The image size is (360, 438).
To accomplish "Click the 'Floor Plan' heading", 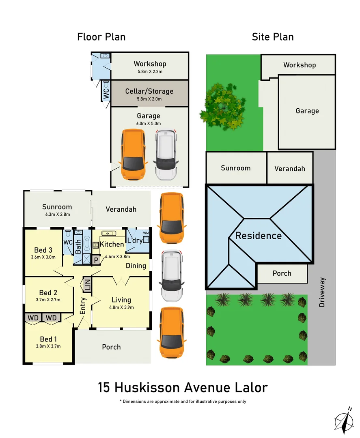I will [x=101, y=37].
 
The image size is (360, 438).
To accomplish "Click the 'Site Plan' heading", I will [x=273, y=37].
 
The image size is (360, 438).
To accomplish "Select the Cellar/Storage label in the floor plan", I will [x=149, y=91].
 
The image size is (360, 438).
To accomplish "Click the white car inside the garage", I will [x=166, y=154].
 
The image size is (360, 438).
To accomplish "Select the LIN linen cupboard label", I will [x=87, y=285].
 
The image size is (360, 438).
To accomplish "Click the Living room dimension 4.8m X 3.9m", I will [x=121, y=307].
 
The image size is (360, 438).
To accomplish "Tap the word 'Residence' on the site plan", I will [x=259, y=236].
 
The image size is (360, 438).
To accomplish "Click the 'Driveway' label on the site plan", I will [x=322, y=292].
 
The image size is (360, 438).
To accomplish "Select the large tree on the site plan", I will [x=222, y=106].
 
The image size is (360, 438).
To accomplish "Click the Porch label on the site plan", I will [x=282, y=273].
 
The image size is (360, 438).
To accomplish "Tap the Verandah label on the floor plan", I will [x=121, y=209].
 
